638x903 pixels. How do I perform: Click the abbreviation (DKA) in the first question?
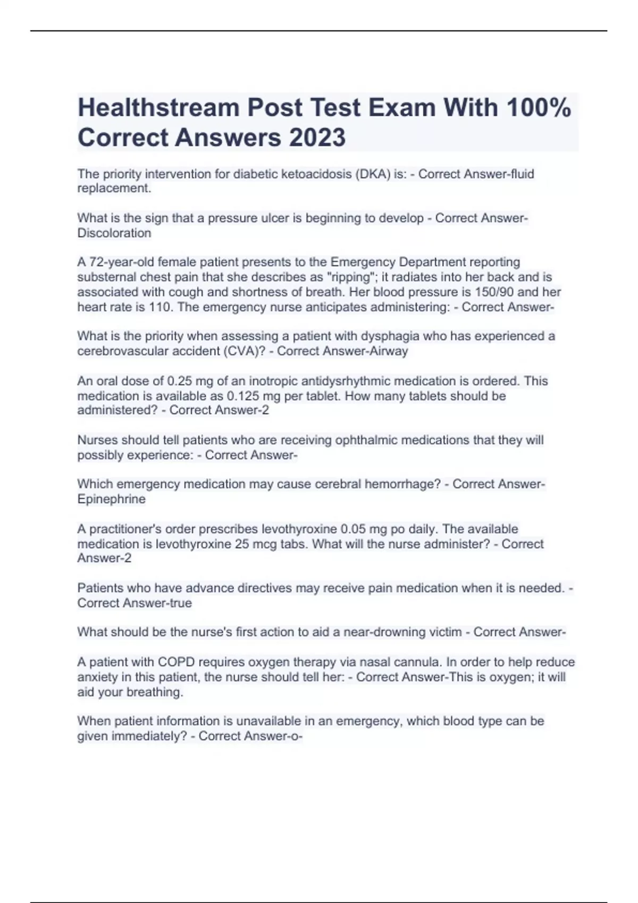point(372,174)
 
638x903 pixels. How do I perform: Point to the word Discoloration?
point(114,233)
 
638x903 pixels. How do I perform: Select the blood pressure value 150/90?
point(487,292)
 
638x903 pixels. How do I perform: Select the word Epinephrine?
point(112,499)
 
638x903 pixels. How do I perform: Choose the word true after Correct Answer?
point(181,603)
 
